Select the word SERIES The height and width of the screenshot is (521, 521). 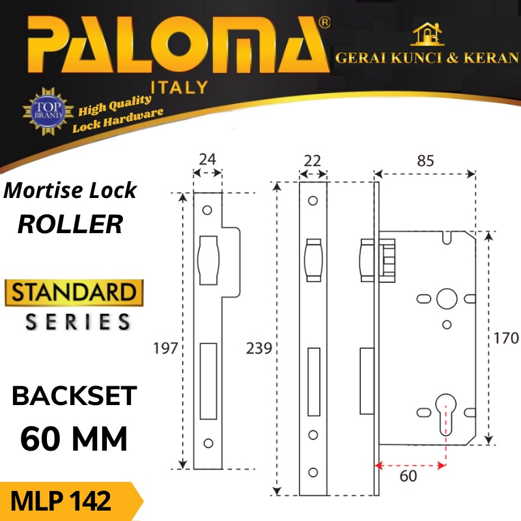click(x=77, y=321)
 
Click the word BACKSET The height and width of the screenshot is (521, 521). click(x=75, y=396)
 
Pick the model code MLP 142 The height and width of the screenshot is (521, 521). click(x=61, y=502)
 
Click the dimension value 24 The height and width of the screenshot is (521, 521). click(x=208, y=160)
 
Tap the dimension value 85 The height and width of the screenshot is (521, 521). click(x=425, y=160)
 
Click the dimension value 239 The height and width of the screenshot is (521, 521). click(x=259, y=348)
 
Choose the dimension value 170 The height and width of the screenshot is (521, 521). click(x=506, y=338)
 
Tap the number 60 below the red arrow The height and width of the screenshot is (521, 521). click(x=407, y=477)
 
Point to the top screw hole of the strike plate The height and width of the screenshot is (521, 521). click(x=208, y=210)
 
